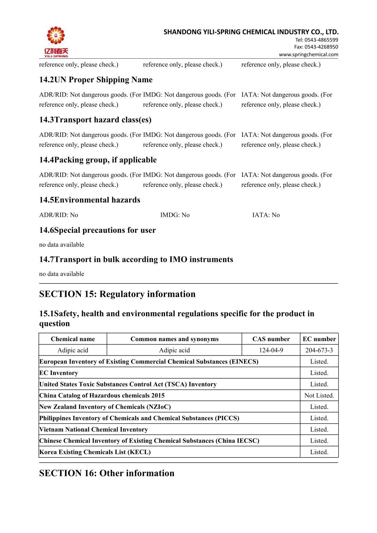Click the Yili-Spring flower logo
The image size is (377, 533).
56,37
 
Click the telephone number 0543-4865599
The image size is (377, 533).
316,40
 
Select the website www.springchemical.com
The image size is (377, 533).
308,54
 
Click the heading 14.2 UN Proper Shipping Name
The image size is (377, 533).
96,80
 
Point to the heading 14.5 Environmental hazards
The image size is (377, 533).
90,200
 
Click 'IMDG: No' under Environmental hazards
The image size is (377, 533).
175,215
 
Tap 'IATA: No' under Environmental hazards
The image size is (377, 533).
266,215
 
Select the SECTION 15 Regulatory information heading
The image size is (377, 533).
117,294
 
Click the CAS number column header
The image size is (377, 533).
271,339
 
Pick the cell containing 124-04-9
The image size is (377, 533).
271,350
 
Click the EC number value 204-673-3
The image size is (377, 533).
319,350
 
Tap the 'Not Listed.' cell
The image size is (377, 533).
319,396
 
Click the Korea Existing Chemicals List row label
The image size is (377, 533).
95,452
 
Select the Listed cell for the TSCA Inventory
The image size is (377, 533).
319,384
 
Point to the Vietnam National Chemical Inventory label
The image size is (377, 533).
93,429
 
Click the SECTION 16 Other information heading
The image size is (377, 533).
107,473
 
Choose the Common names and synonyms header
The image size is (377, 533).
174,339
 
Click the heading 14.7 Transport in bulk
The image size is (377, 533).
136,260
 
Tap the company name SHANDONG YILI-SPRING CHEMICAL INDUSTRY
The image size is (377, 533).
251,32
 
